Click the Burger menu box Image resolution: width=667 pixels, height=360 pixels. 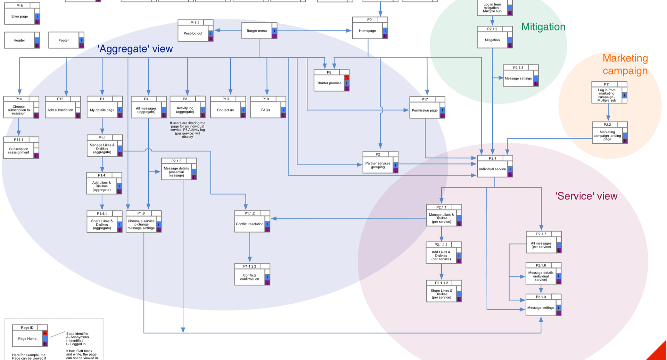click(x=257, y=31)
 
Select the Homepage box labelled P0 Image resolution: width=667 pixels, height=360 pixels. click(x=368, y=31)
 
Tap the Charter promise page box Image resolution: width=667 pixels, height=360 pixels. click(x=329, y=83)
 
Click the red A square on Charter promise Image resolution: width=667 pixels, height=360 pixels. click(x=346, y=78)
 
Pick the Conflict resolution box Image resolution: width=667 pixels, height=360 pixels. click(x=250, y=224)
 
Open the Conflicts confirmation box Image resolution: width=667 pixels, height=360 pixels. click(x=250, y=277)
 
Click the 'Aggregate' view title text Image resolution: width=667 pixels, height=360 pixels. click(x=135, y=49)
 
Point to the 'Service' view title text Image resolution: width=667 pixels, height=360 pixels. click(x=586, y=196)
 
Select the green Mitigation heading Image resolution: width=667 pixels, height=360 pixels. click(x=543, y=27)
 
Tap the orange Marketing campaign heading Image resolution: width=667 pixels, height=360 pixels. click(x=625, y=65)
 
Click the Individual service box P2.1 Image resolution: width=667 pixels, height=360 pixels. click(x=492, y=169)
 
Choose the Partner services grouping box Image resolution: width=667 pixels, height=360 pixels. click(x=378, y=165)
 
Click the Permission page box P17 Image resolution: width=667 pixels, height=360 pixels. click(x=425, y=110)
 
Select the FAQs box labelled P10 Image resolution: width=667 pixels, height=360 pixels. click(x=265, y=110)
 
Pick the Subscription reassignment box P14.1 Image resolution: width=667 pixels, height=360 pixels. click(x=19, y=151)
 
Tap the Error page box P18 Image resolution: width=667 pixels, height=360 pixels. click(x=19, y=16)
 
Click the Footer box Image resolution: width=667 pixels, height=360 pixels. click(x=64, y=40)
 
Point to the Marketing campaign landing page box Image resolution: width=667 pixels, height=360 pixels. click(x=607, y=135)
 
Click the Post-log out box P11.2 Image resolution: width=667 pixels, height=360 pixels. click(x=193, y=33)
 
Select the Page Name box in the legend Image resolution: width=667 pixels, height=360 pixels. click(x=27, y=338)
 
